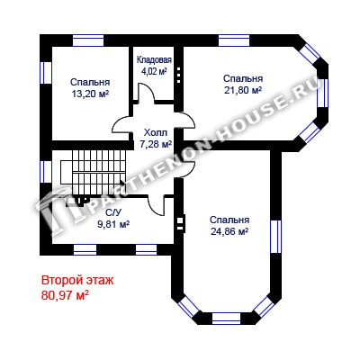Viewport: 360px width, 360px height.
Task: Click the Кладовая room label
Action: (x=154, y=60)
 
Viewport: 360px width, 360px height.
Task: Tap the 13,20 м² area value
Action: (x=90, y=94)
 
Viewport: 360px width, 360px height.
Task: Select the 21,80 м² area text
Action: (x=243, y=90)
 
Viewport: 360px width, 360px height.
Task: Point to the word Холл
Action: (x=156, y=132)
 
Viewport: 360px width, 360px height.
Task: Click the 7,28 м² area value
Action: (x=156, y=144)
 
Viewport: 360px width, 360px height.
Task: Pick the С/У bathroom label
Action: (x=113, y=212)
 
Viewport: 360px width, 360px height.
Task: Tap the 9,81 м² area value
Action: (x=113, y=224)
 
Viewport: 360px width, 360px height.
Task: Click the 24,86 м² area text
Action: (x=229, y=231)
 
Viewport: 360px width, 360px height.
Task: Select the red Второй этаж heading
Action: (x=77, y=281)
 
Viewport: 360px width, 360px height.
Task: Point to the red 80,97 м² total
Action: (x=65, y=295)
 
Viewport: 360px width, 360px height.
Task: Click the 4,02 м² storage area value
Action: (x=154, y=72)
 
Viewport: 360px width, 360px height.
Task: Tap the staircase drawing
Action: (x=93, y=174)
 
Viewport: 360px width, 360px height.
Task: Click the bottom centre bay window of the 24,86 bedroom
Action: (x=227, y=319)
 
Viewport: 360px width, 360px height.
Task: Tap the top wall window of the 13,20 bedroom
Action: (x=88, y=40)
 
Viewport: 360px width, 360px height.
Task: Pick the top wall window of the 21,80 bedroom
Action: (x=234, y=40)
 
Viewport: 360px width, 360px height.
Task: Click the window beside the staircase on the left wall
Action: (x=46, y=172)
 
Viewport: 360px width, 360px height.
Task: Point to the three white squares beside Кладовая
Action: (x=179, y=75)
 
